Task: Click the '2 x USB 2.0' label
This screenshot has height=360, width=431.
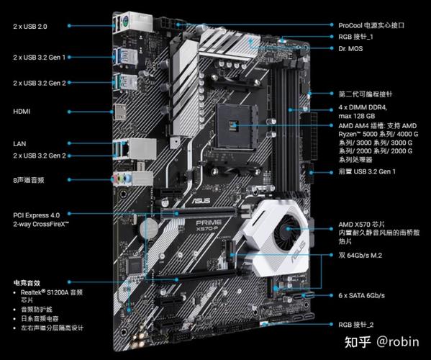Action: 30,26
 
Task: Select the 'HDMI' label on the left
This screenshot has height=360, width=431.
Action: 22,111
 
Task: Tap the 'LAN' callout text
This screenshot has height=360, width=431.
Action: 19,143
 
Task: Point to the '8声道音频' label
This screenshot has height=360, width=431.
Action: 30,179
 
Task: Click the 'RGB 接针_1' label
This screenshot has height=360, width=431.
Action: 357,36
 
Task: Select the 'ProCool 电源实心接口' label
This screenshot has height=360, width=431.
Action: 371,24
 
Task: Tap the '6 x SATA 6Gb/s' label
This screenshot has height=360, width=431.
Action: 362,296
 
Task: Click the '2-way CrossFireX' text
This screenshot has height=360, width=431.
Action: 41,225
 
